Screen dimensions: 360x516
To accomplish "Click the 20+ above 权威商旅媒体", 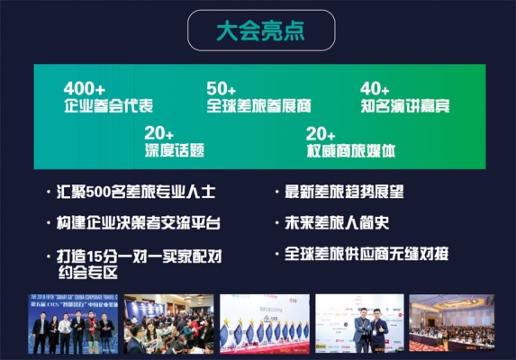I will click(x=321, y=132).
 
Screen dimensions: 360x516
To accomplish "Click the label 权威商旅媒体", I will click(x=352, y=149).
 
